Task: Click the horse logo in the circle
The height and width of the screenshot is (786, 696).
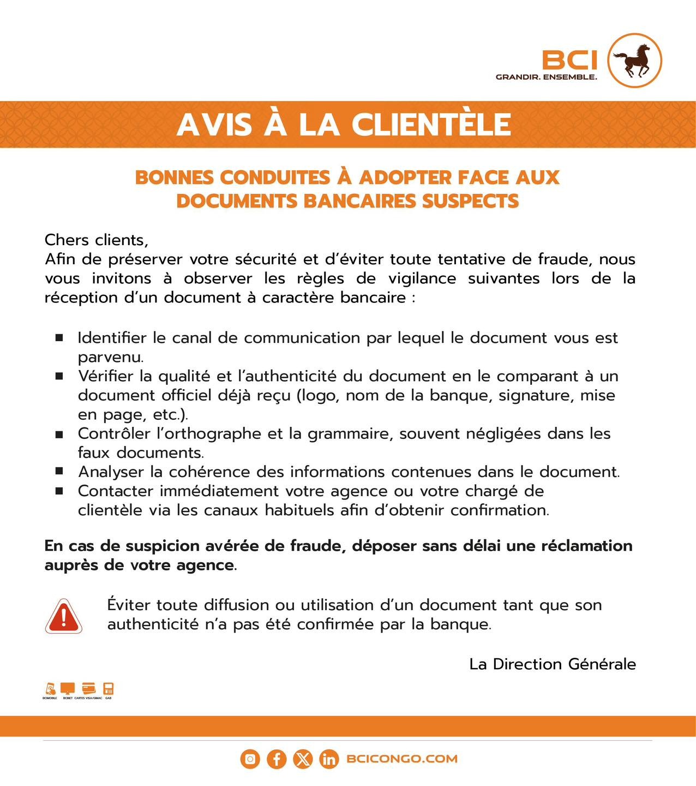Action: (634, 60)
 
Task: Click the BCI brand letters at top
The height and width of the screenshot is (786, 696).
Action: (569, 59)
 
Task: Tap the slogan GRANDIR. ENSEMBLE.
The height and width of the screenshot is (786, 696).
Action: (546, 77)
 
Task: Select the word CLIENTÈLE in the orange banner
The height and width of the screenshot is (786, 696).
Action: (431, 124)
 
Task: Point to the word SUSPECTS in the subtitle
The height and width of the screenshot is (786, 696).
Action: (470, 201)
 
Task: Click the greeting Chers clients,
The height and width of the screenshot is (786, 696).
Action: (96, 240)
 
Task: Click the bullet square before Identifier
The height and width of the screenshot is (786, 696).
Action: (59, 338)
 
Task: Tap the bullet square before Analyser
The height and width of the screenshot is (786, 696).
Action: (59, 471)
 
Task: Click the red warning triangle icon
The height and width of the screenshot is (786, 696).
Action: (64, 616)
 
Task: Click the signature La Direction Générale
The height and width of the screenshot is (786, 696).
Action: (552, 664)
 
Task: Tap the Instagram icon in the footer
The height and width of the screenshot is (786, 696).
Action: (250, 759)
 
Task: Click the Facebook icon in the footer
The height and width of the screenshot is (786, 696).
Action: (277, 759)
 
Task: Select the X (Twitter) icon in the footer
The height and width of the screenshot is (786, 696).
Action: (303, 759)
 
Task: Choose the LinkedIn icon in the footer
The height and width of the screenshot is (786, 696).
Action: (329, 759)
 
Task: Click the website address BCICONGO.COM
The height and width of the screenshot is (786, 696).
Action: (401, 759)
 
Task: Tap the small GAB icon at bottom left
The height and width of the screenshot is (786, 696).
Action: (109, 689)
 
